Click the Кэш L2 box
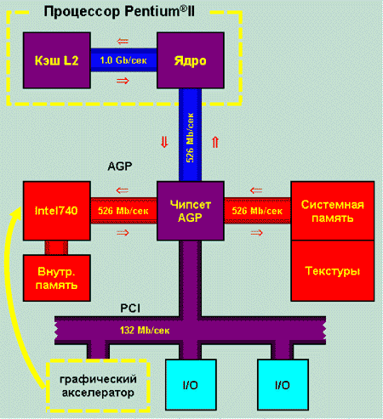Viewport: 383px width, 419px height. (x=57, y=61)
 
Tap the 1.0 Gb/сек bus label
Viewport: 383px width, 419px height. (x=124, y=61)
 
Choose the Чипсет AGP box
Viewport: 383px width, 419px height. (x=191, y=210)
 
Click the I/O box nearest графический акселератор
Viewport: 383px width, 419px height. (x=191, y=384)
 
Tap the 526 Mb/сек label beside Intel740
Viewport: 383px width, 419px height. (x=123, y=210)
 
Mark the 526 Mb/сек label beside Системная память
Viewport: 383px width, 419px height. (x=257, y=210)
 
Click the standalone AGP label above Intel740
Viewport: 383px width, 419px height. (x=119, y=167)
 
